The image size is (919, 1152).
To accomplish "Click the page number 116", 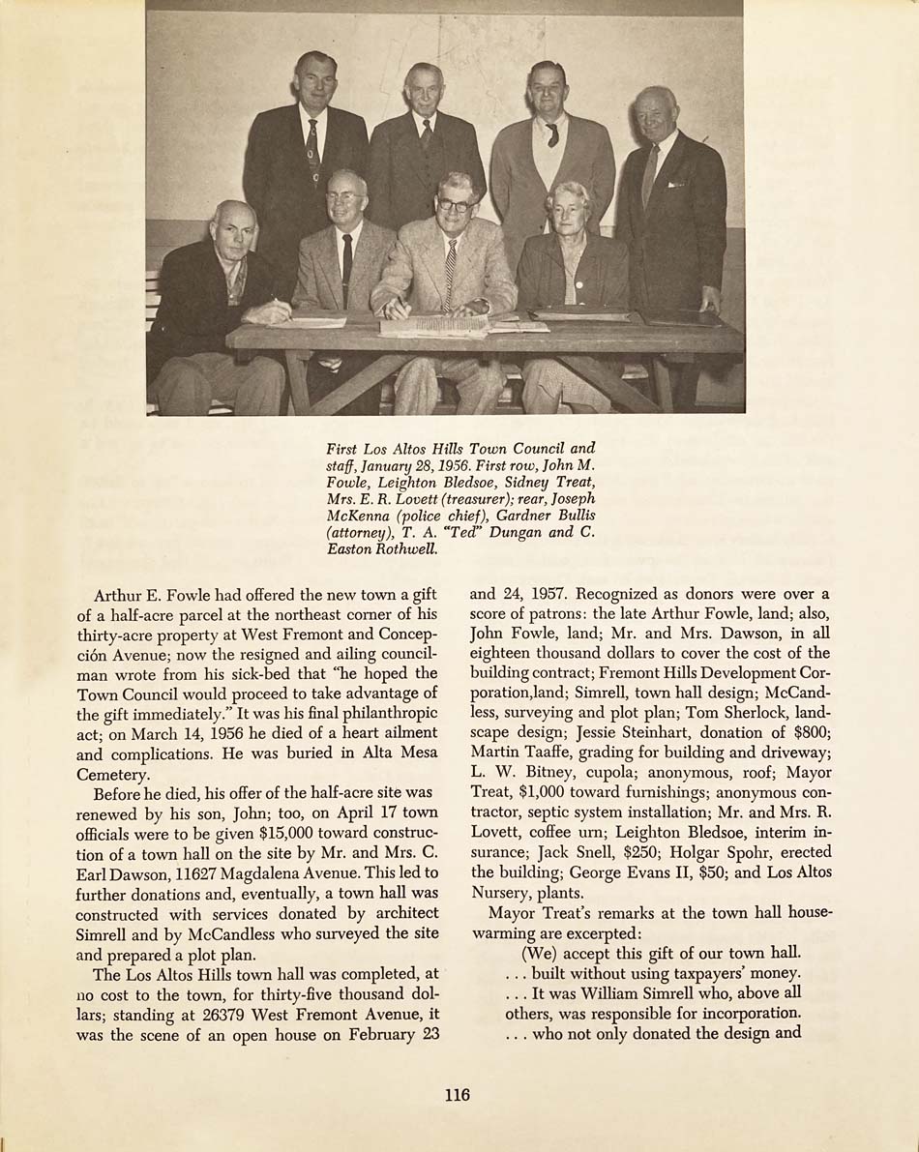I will pos(458,1094).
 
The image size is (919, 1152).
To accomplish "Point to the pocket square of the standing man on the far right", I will pos(675,183).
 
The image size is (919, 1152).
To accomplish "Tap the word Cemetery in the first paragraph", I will pos(112,774).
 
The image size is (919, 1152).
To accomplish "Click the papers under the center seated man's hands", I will pos(435,326).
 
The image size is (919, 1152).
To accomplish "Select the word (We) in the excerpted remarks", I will pos(539,953).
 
